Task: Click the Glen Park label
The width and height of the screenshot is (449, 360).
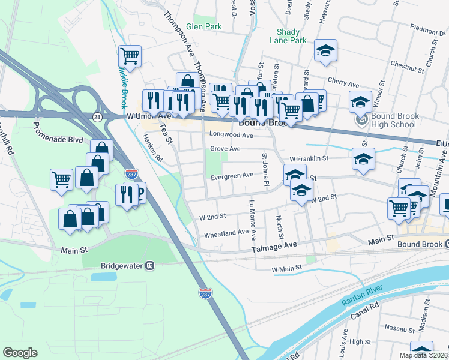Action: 203,27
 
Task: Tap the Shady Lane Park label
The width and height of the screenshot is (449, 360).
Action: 291,36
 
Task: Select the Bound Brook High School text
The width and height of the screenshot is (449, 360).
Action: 393,120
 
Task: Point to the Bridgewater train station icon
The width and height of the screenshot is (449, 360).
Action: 151,265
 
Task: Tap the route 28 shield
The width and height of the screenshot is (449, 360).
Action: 97,117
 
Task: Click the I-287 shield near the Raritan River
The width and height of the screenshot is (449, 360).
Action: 205,292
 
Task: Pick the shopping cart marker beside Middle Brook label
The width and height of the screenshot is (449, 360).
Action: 130,56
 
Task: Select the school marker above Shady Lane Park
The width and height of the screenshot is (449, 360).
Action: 325,50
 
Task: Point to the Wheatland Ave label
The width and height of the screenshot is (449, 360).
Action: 226,232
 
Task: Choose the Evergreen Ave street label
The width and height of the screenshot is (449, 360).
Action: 232,176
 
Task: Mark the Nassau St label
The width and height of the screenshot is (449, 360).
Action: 400,329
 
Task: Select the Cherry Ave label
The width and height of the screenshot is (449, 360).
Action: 343,80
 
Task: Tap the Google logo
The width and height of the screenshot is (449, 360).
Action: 20,353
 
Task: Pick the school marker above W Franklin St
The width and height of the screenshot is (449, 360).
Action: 363,159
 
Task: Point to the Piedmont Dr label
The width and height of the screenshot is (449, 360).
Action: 428,28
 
